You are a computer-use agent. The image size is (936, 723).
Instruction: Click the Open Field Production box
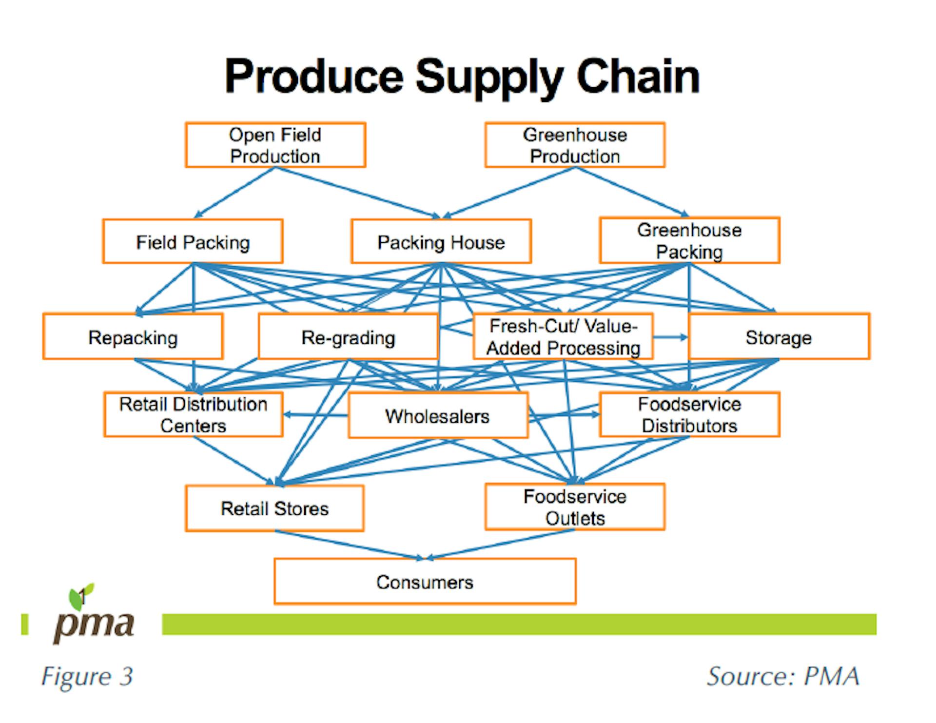[275, 145]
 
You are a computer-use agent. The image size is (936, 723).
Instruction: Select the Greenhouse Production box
[575, 145]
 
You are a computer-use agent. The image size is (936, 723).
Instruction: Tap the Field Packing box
[193, 241]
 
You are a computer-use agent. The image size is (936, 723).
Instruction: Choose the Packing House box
[441, 241]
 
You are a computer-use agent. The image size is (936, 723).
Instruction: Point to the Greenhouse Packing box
[689, 240]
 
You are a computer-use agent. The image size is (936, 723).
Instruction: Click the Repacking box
[133, 336]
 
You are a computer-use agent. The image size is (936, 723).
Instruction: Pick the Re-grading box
[348, 336]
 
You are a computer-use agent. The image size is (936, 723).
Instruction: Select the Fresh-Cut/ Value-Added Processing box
[563, 336]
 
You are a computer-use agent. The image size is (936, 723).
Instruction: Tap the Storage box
[779, 336]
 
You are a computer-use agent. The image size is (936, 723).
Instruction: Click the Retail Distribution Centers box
[194, 414]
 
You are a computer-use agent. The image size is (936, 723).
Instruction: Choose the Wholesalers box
[438, 415]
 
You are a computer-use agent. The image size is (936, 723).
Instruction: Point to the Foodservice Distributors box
[689, 414]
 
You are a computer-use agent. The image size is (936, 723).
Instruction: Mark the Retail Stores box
[274, 508]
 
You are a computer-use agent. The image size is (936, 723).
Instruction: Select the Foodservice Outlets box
[575, 507]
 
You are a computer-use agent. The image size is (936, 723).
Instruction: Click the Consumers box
[425, 582]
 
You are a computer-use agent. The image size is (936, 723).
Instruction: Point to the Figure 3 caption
[87, 676]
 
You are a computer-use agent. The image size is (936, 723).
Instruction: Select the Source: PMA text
[783, 676]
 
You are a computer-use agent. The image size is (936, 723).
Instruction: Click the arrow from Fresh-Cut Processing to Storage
[671, 337]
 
